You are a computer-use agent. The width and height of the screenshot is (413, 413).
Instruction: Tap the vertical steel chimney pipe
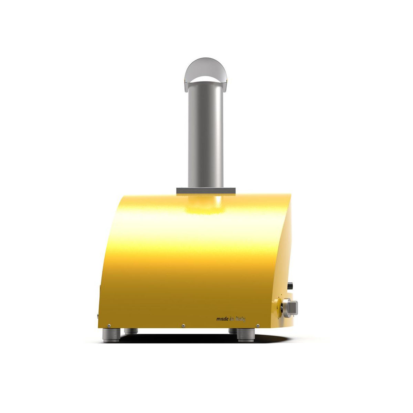(206, 137)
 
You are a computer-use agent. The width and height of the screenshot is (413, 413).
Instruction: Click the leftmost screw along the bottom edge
(109, 332)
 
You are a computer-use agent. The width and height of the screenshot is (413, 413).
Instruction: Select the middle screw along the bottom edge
(183, 332)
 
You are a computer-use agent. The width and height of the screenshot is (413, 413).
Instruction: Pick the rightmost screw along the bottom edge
(258, 332)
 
